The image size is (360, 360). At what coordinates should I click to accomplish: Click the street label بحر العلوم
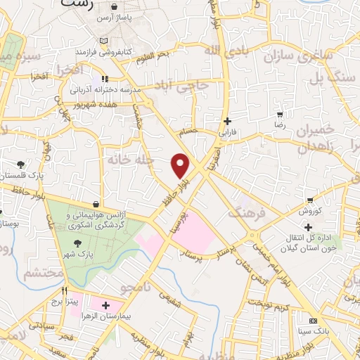click(x=153, y=55)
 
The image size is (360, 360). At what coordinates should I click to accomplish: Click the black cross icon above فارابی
click(x=226, y=120)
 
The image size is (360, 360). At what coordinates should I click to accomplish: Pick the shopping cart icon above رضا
click(x=279, y=114)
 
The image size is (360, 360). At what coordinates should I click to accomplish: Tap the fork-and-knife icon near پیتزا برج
click(x=64, y=290)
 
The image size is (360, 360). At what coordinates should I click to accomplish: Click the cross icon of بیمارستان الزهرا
click(x=105, y=305)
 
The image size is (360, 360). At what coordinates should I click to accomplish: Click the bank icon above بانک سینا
click(x=313, y=320)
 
